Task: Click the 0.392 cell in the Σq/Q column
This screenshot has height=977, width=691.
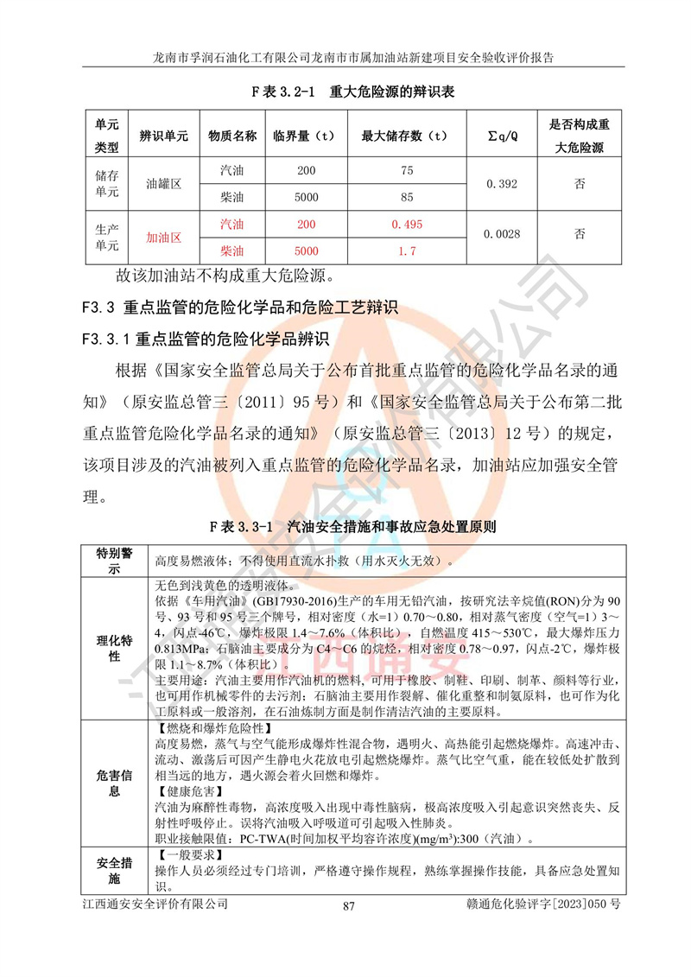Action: pyautogui.click(x=501, y=184)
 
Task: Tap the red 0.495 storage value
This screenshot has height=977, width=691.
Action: pyautogui.click(x=405, y=224)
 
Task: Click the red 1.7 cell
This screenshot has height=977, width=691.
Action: pyautogui.click(x=405, y=251)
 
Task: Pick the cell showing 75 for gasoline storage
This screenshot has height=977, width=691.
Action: pyautogui.click(x=405, y=171)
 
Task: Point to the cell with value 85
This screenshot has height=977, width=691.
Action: pyautogui.click(x=405, y=198)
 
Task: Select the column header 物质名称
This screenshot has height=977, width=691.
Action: pyautogui.click(x=232, y=136)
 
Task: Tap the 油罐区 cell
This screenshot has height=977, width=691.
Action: pyautogui.click(x=163, y=184)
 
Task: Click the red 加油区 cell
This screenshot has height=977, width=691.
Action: pyautogui.click(x=163, y=237)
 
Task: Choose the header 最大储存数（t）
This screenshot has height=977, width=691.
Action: pyautogui.click(x=405, y=136)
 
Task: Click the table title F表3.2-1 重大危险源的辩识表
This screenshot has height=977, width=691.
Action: pyautogui.click(x=352, y=91)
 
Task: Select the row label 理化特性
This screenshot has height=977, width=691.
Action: pyautogui.click(x=114, y=650)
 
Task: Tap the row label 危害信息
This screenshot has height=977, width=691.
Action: pyautogui.click(x=114, y=783)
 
